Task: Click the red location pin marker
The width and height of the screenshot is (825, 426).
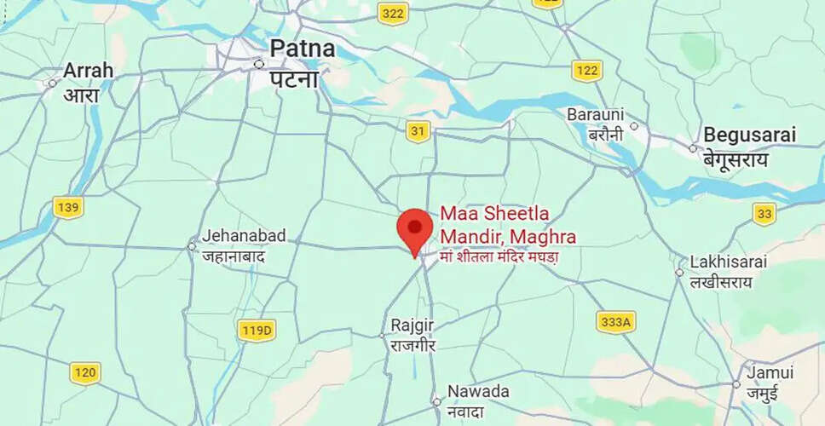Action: point(415,229)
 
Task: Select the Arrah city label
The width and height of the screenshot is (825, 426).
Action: point(88,70)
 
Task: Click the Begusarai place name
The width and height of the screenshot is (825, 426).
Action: point(749,135)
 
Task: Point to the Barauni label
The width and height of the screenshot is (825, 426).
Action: point(595,114)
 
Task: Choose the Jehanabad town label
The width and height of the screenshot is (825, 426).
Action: point(244,236)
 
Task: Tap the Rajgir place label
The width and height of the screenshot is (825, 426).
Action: point(413,325)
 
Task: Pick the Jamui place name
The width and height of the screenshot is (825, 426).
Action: point(770,372)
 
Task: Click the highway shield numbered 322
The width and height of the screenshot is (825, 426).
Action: point(393,14)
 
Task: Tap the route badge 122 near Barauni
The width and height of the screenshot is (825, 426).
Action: point(587,70)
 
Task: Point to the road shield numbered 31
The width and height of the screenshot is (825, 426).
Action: point(418,131)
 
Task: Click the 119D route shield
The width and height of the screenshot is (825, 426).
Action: point(256,331)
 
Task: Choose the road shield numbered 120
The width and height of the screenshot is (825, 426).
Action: point(85,372)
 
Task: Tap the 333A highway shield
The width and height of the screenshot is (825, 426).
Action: point(615,321)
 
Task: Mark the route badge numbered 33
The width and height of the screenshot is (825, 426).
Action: point(764,214)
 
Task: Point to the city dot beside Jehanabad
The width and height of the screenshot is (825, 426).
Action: point(192,246)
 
